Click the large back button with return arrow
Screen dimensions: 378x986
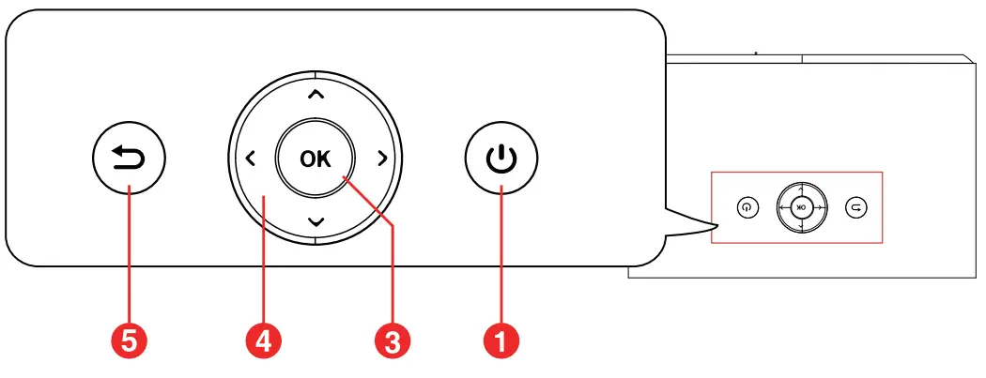[x=129, y=159]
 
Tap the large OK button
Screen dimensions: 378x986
[x=316, y=159]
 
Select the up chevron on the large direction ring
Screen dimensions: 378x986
[x=316, y=94]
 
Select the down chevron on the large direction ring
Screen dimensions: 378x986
[x=316, y=222]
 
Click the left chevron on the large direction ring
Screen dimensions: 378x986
[x=250, y=159]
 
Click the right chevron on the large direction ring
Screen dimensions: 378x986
[x=381, y=159]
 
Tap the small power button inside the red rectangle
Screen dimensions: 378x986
[x=747, y=207]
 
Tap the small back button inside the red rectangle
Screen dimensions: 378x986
[x=854, y=207]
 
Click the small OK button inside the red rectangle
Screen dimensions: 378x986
[x=800, y=207]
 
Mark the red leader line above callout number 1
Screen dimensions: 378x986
[x=501, y=253]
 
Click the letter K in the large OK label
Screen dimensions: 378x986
[x=324, y=159]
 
